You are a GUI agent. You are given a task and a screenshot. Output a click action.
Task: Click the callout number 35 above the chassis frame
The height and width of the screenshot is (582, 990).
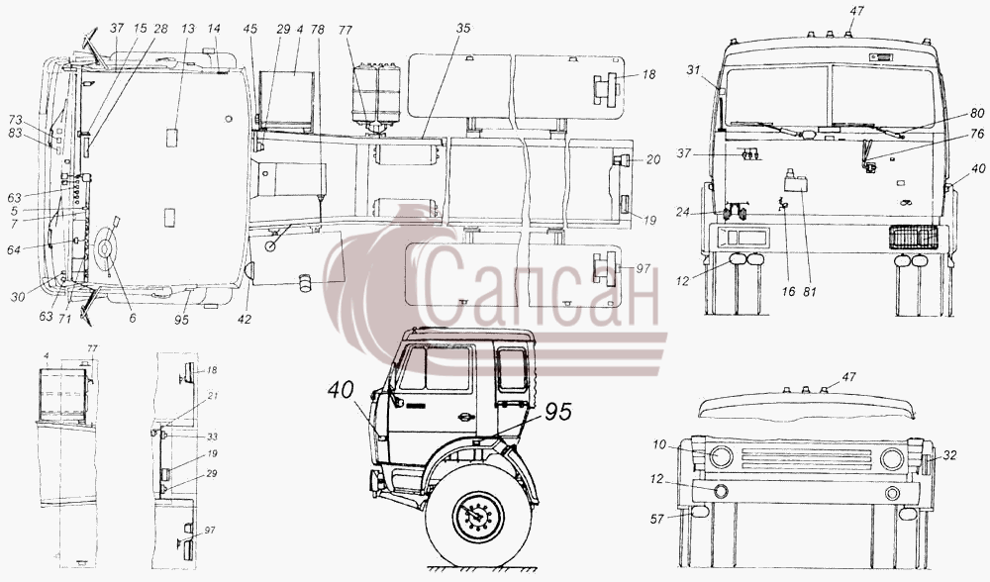(x=464, y=29)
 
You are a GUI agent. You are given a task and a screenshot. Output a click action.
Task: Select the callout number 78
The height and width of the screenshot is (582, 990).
(x=318, y=29)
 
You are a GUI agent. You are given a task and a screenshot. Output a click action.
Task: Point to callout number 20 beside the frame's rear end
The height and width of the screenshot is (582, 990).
(x=652, y=160)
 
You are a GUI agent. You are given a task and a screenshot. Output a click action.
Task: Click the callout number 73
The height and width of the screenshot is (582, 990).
(x=16, y=120)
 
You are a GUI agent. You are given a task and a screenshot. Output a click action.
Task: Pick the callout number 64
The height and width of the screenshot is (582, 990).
(x=14, y=249)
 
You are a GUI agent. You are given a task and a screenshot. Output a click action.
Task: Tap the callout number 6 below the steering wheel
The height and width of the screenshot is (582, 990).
(x=133, y=318)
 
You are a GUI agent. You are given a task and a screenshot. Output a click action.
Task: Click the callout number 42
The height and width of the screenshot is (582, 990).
(x=245, y=320)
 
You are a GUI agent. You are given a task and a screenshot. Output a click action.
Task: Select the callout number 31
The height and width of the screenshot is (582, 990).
(x=694, y=70)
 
